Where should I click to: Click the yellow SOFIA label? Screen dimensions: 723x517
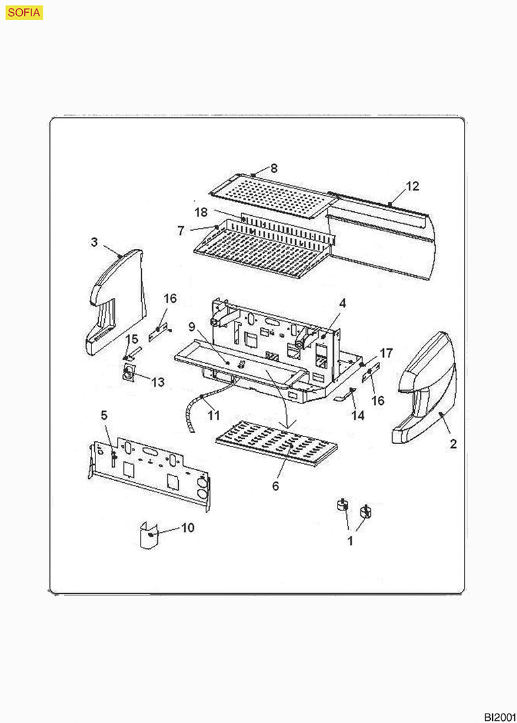click(24, 11)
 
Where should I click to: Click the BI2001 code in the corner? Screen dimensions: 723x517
click(499, 716)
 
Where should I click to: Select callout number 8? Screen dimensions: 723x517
click(274, 167)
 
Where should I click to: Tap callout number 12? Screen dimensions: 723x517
click(412, 186)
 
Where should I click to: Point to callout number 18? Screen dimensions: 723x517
click(201, 212)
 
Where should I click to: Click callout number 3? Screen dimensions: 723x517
click(95, 241)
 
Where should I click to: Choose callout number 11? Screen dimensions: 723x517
click(213, 416)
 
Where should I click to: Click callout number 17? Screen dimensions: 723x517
click(386, 352)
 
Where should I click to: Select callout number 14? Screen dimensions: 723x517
click(358, 416)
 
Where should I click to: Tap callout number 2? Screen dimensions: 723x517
click(453, 444)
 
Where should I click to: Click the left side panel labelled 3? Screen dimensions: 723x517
click(116, 303)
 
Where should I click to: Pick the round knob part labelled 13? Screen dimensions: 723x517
click(128, 374)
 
